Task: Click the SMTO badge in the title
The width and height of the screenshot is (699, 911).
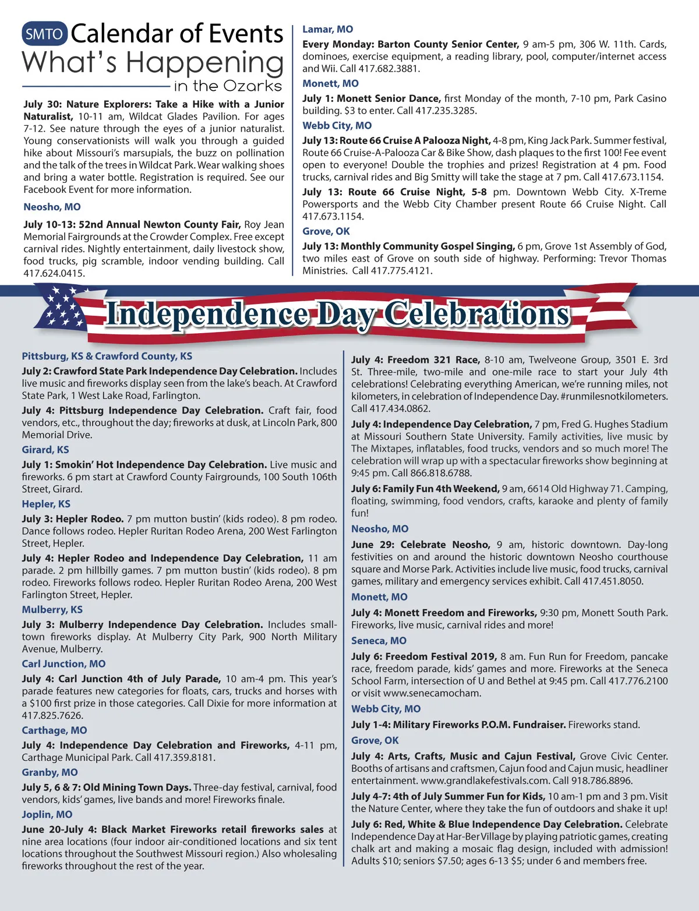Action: click(x=45, y=34)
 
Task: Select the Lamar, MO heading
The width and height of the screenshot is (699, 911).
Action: click(x=327, y=29)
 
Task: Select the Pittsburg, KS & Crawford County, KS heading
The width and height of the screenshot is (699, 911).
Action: click(x=107, y=356)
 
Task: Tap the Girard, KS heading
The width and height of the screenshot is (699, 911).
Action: click(x=45, y=450)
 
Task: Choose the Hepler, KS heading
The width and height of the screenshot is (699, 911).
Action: click(x=46, y=504)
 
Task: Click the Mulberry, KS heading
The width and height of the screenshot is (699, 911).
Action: click(x=52, y=609)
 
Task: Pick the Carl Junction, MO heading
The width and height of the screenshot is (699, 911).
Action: click(x=64, y=663)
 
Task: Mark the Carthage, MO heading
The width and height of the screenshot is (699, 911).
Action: click(x=54, y=730)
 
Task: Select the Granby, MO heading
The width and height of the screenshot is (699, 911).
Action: click(x=50, y=772)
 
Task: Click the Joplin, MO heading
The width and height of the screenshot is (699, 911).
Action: click(x=47, y=814)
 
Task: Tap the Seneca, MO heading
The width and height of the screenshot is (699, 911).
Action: click(x=379, y=640)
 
